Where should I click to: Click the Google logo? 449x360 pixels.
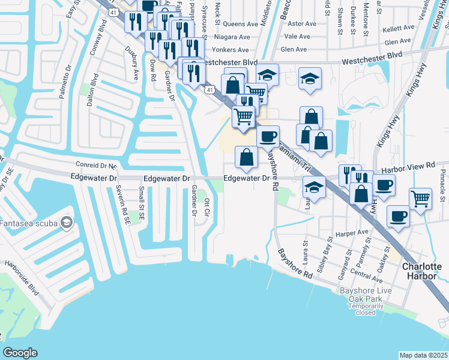tap(20, 353)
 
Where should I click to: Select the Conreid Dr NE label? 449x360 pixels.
tap(97, 164)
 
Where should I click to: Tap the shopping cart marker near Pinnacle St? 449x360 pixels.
tap(421, 198)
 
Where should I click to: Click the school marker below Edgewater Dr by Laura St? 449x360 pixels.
tap(314, 187)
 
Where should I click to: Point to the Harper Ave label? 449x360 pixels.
tap(353, 232)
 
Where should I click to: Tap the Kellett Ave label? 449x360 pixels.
tap(399, 28)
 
